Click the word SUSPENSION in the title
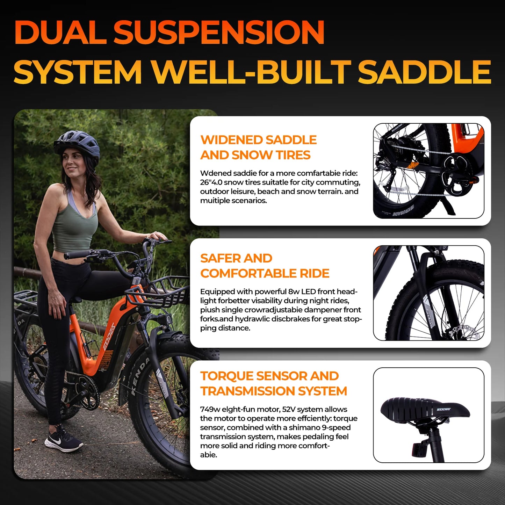coord(219,32)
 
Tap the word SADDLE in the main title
coord(424,72)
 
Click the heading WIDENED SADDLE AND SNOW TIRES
coord(258,147)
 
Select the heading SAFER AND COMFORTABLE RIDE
coord(265,266)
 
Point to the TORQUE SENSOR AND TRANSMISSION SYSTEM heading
coord(273,383)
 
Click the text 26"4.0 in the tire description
coord(211,182)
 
